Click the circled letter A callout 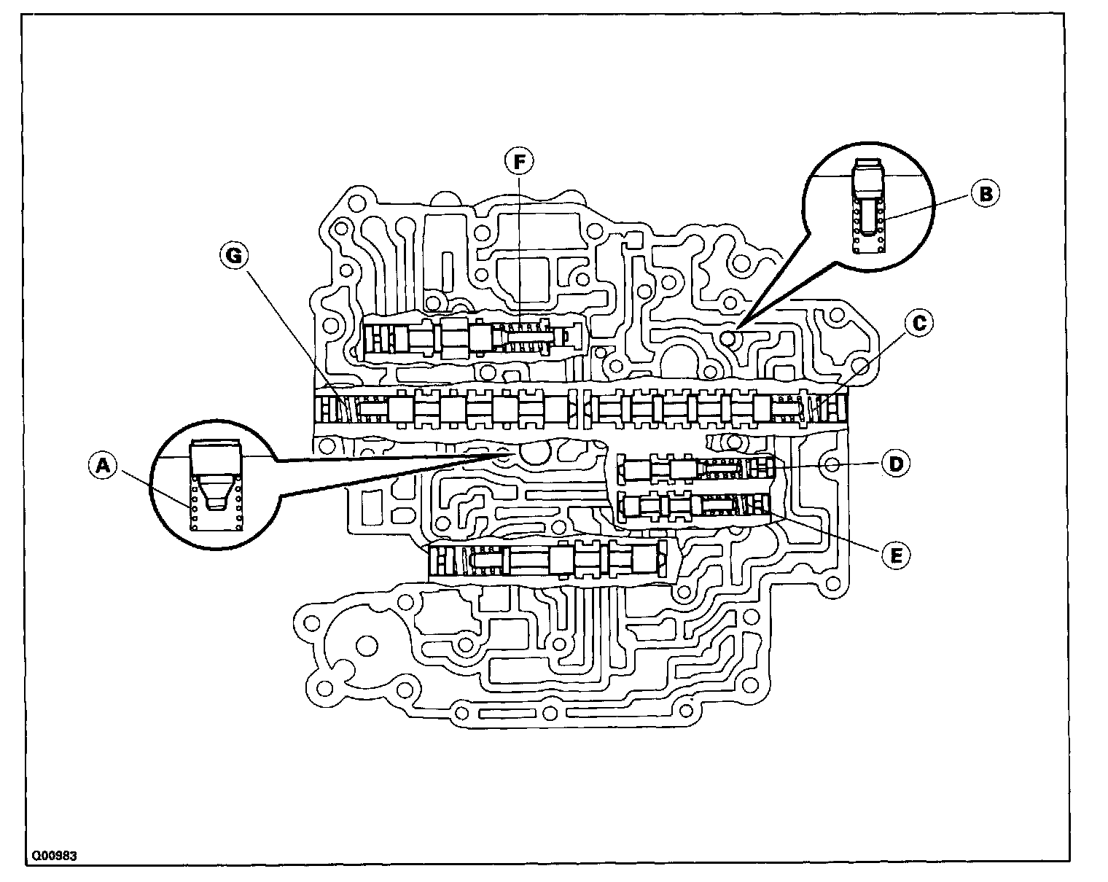pos(103,464)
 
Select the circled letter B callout pos(985,193)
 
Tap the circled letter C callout pos(920,322)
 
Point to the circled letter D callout pos(895,463)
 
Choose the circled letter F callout pos(520,162)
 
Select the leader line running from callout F pos(520,248)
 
